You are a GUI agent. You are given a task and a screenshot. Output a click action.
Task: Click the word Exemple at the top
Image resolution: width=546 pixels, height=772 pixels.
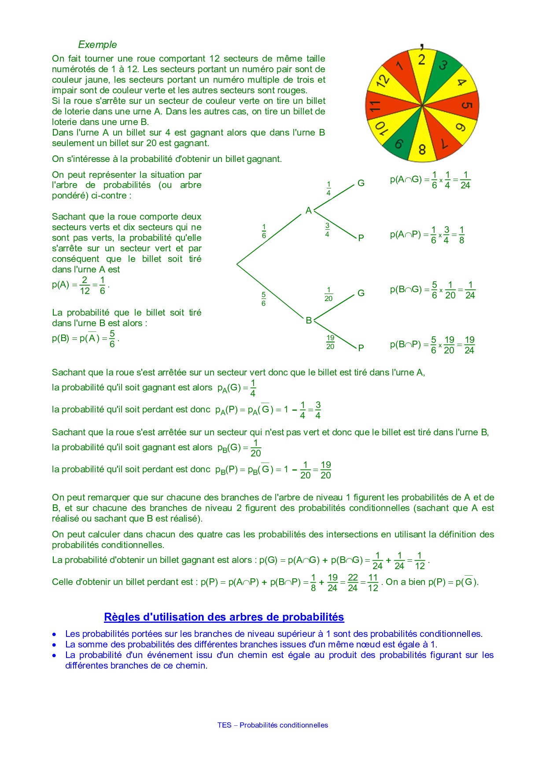point(97,44)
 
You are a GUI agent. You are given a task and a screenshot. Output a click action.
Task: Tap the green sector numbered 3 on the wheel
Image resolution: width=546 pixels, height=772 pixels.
point(443,66)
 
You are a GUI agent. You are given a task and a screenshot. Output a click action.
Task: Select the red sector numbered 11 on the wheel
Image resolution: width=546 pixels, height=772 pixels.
point(377,106)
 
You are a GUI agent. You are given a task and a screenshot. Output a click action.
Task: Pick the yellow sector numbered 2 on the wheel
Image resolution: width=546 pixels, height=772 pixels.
point(421,61)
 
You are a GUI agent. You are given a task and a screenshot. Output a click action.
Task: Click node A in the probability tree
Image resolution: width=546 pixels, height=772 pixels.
point(309,210)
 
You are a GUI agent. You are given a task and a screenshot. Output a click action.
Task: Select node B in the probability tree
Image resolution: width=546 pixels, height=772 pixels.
point(309,320)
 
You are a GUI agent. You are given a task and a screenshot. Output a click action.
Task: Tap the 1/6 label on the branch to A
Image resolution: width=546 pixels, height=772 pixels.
point(264,232)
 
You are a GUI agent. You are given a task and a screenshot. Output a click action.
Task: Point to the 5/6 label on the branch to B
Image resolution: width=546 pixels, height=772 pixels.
point(263,299)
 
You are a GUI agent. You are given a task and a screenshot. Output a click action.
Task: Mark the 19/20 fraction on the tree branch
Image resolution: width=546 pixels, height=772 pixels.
point(330,342)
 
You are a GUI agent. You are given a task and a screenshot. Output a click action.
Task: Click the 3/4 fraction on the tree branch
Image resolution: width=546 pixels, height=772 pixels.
point(327,230)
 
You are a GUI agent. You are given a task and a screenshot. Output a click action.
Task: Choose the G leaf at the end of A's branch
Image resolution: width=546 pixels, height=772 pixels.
point(361,183)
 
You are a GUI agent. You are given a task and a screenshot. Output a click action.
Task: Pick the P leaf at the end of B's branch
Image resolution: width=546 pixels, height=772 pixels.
point(361,348)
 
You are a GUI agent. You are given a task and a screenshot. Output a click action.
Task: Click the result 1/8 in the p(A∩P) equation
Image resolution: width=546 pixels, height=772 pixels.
point(461,235)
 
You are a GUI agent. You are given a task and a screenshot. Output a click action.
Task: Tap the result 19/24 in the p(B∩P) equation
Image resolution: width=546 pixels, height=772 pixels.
point(469,345)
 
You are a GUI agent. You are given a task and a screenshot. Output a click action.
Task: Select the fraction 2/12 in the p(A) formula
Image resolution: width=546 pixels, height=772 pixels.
point(85,286)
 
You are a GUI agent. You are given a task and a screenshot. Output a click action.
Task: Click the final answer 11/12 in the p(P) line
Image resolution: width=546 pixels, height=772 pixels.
point(373,583)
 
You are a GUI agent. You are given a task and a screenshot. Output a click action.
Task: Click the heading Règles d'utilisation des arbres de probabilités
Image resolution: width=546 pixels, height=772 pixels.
point(224,617)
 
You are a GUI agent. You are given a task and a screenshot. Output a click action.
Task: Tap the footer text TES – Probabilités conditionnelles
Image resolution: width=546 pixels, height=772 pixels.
point(273,725)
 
